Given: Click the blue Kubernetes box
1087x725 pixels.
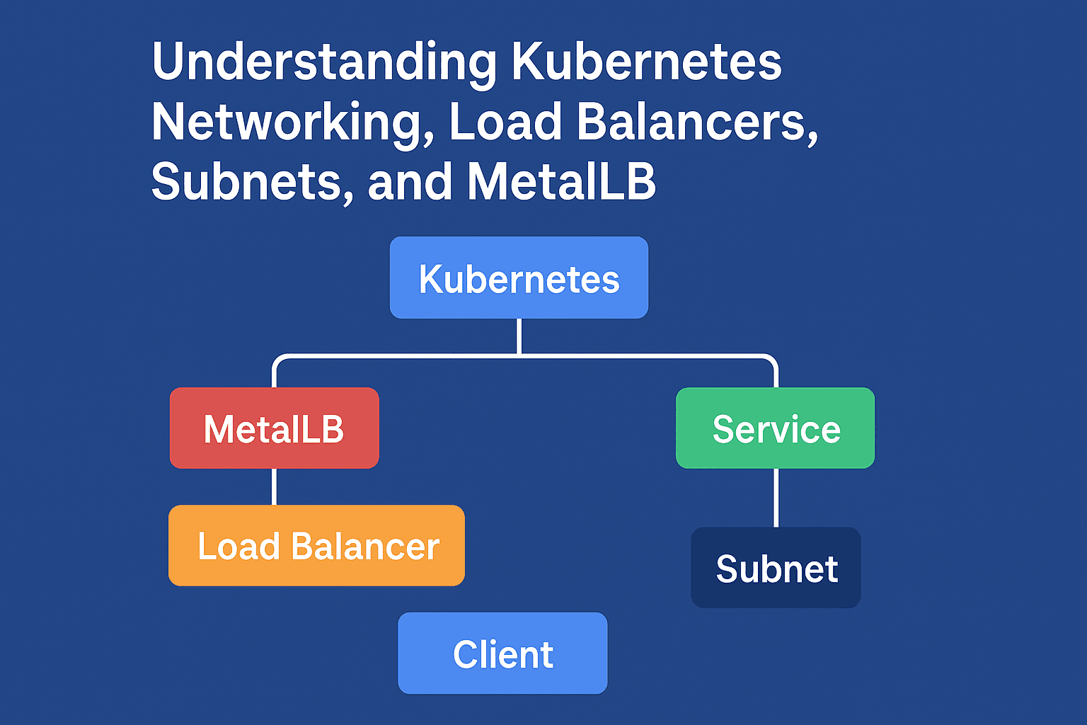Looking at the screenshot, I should pyautogui.click(x=519, y=278).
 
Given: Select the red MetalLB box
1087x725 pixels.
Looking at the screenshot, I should pyautogui.click(x=274, y=428).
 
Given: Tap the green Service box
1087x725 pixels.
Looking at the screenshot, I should pyautogui.click(x=776, y=428).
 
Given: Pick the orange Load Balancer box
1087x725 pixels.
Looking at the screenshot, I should pyautogui.click(x=316, y=546).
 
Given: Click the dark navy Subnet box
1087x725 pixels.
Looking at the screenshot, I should pyautogui.click(x=776, y=568).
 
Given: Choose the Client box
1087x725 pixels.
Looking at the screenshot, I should pyautogui.click(x=502, y=653).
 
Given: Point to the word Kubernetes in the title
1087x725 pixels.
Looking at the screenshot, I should pyautogui.click(x=645, y=62).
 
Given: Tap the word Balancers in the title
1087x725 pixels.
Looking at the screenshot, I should pyautogui.click(x=696, y=122).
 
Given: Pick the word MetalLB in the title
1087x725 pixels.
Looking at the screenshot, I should pyautogui.click(x=561, y=182).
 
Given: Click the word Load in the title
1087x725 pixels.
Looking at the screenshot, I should pyautogui.click(x=505, y=122).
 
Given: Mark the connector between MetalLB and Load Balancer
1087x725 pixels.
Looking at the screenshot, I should pyautogui.click(x=274, y=486).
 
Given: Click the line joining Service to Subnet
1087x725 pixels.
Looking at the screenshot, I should pyautogui.click(x=776, y=497).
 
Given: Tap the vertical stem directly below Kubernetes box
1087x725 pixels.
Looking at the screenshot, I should pyautogui.click(x=519, y=336).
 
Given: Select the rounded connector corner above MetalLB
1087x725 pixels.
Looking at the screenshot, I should pyautogui.click(x=278, y=360).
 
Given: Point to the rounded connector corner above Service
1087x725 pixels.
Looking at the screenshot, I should pyautogui.click(x=772, y=360).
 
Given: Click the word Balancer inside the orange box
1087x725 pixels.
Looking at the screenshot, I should pyautogui.click(x=365, y=547).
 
